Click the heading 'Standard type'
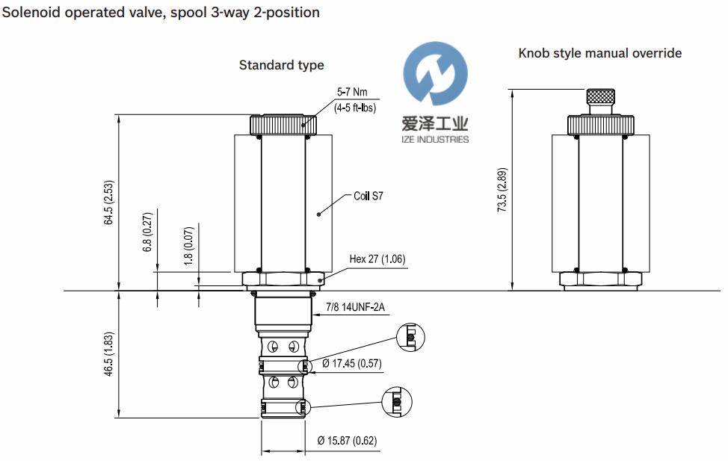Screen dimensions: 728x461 281,65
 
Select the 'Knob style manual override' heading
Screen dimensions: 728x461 599,53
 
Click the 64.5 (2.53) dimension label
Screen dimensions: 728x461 110,202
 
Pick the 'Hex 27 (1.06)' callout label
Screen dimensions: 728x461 377,260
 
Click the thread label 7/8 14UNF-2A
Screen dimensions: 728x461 360,306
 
